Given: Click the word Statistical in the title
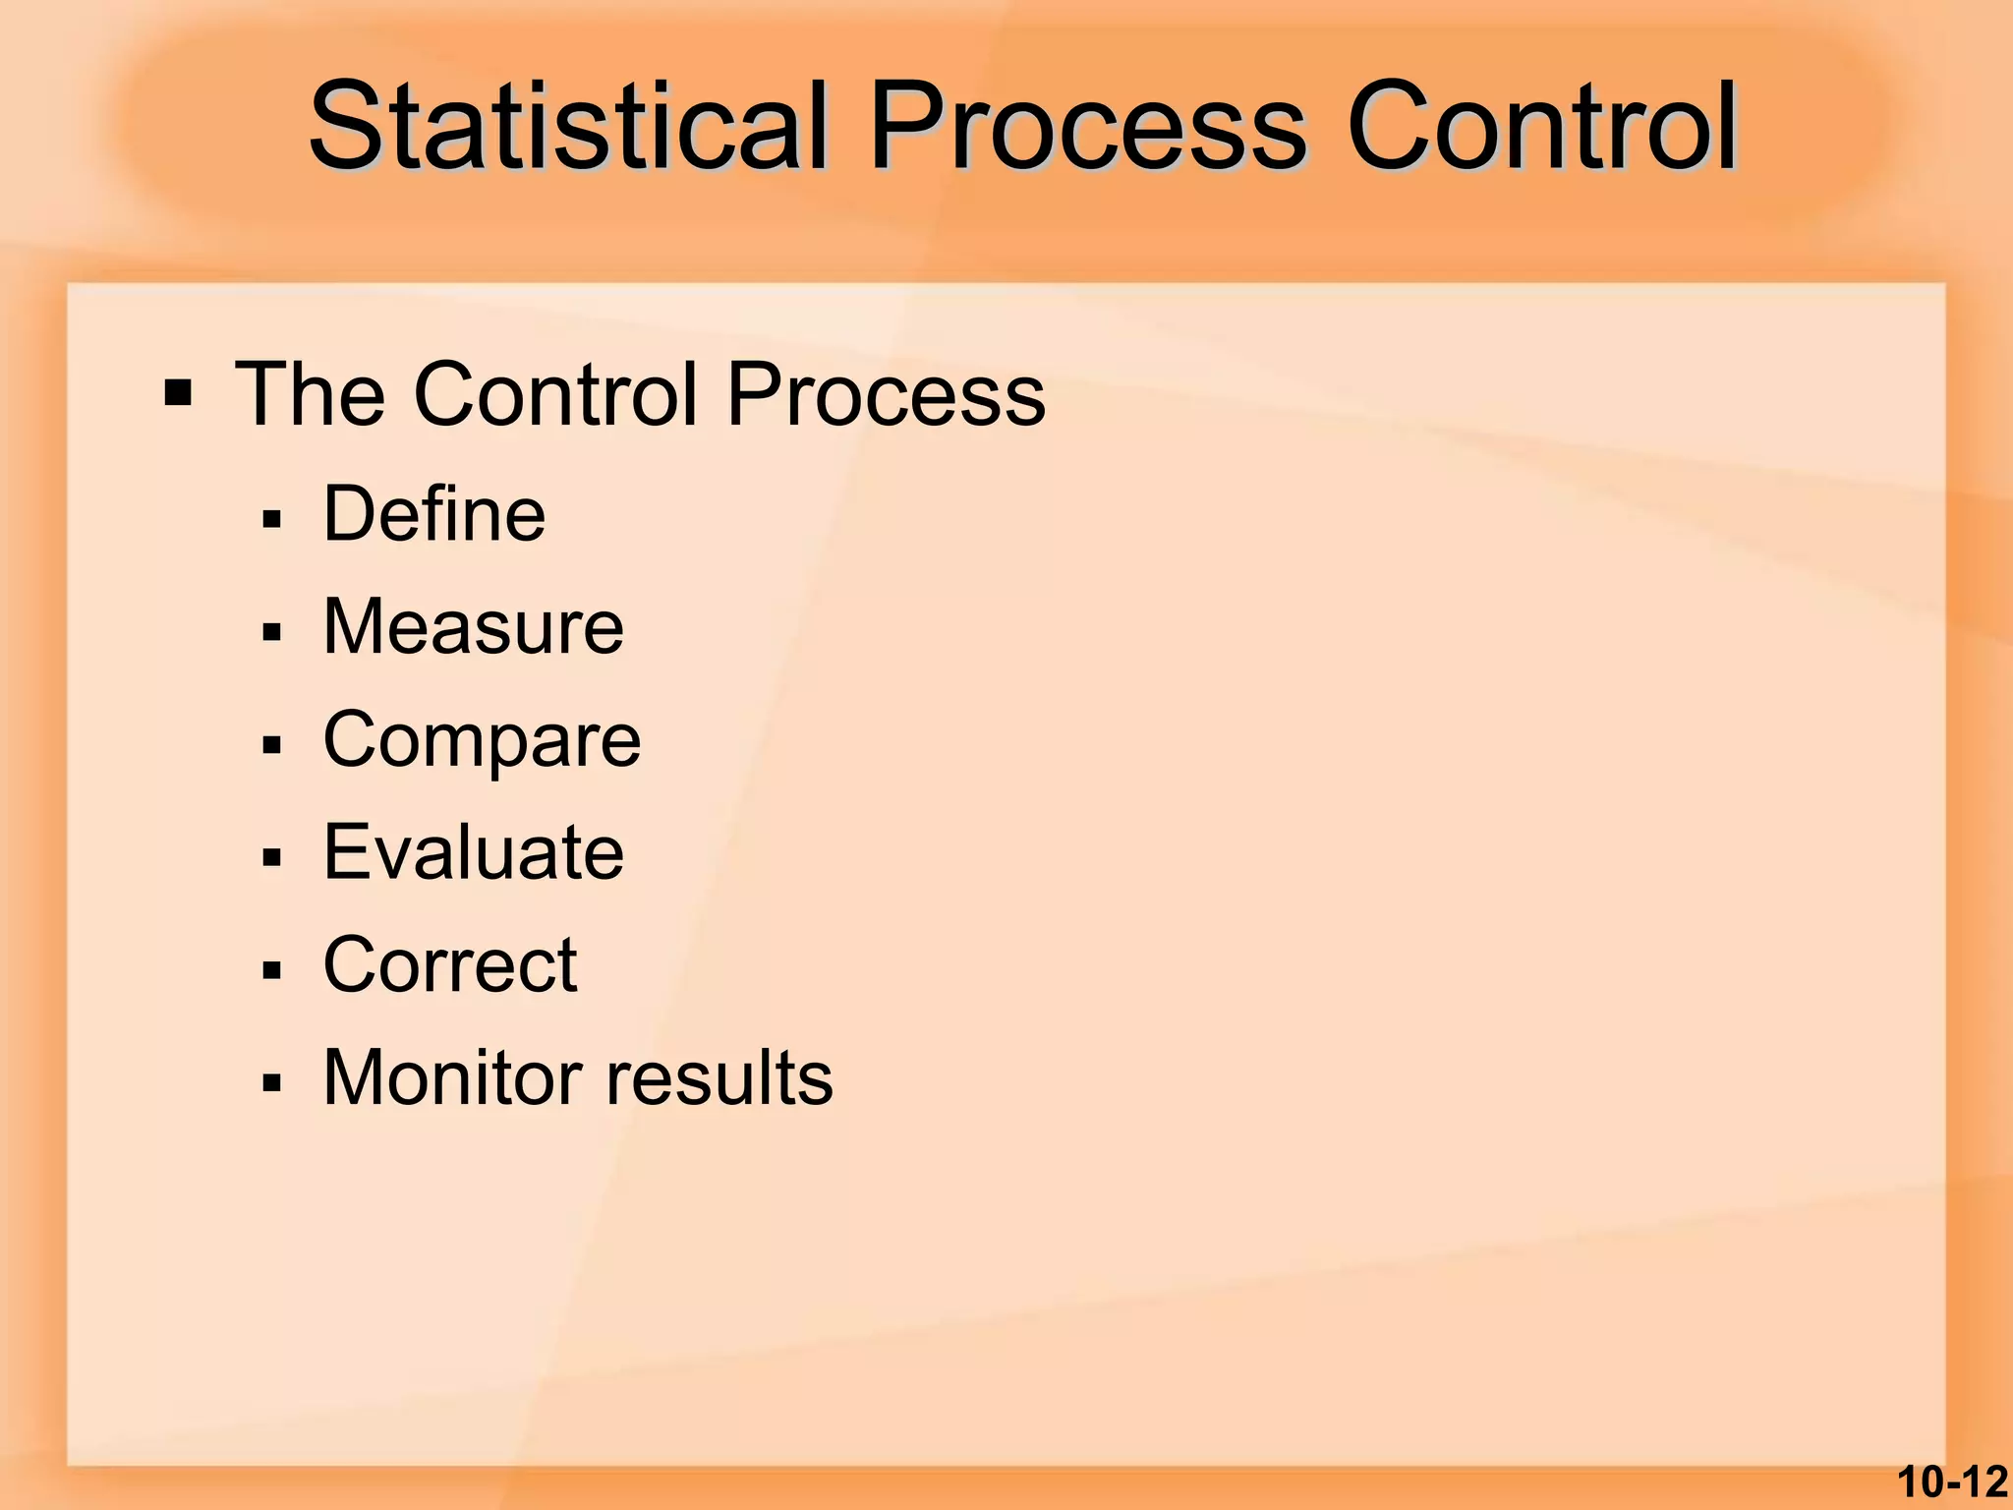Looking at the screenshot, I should pos(568,128).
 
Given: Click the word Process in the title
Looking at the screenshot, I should pos(1087,128).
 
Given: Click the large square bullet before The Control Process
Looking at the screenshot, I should pos(178,394).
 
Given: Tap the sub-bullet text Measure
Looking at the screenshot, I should pos(473,626).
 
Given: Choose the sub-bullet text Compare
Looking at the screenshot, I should pos(482,739).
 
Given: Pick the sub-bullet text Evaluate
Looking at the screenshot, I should pos(473,851).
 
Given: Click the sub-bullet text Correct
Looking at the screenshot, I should pos(450,964).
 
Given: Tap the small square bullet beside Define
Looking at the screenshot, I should pos(272,519).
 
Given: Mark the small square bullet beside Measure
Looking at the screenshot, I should pos(272,632).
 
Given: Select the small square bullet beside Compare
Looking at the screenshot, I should pos(272,745).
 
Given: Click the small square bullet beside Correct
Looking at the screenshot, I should pos(272,970).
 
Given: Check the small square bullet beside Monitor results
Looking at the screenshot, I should pos(272,1083).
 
